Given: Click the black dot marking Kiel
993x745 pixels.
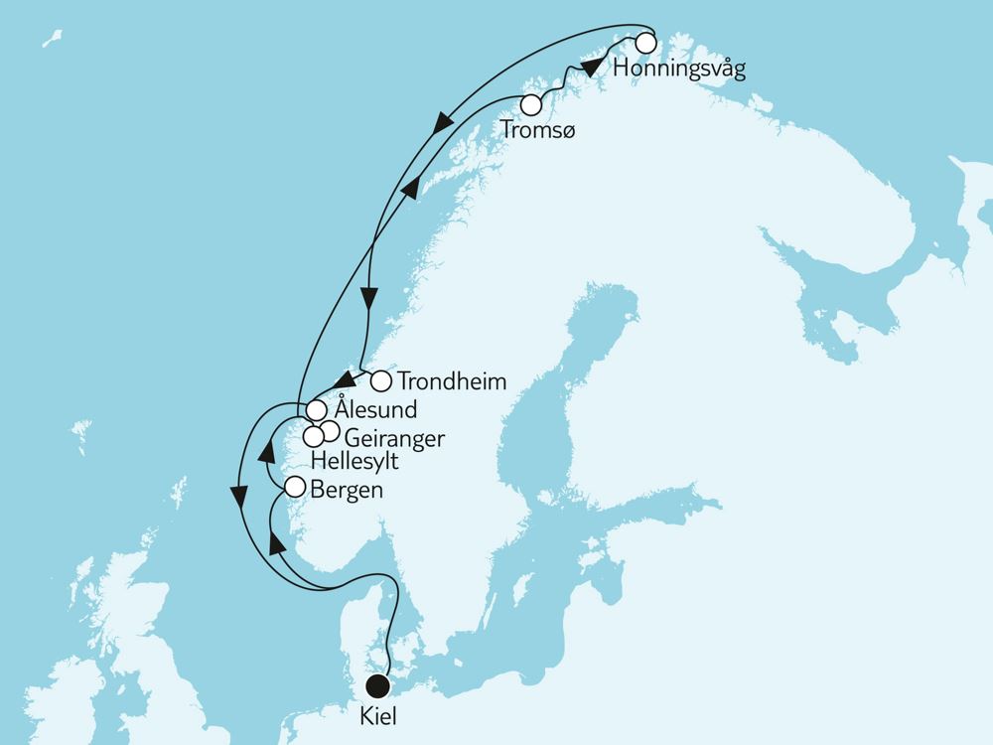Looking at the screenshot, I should tap(377, 685).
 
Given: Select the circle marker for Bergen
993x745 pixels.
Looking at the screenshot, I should tap(295, 487).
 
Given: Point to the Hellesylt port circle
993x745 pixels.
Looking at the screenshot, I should tap(313, 435).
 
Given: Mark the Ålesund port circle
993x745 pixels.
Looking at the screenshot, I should tap(316, 409).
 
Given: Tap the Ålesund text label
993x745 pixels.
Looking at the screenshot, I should tap(375, 410).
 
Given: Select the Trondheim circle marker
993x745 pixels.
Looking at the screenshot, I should tap(380, 378).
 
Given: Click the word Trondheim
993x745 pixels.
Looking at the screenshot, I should tap(452, 380).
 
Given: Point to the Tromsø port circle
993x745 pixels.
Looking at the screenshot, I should tap(532, 103).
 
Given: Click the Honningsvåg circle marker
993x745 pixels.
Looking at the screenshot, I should tap(646, 43).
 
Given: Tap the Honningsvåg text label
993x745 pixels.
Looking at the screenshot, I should tap(679, 70).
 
